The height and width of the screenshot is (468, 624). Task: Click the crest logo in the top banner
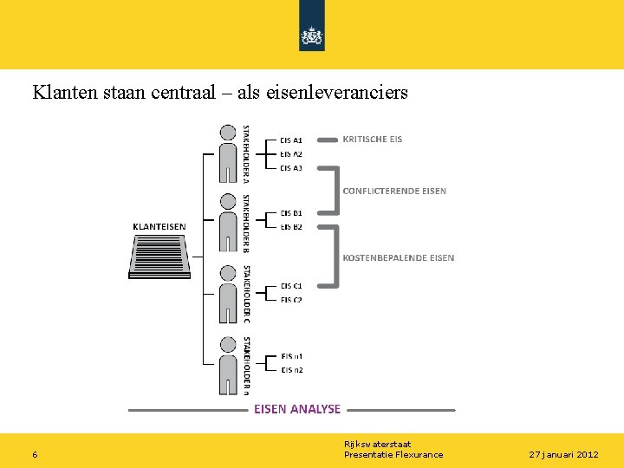click(x=311, y=35)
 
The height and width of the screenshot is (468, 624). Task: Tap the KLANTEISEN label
click(x=159, y=227)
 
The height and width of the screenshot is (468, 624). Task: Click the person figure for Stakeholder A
click(x=228, y=153)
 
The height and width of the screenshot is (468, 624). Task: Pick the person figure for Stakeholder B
click(x=228, y=223)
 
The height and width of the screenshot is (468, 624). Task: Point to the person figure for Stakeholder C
click(x=228, y=294)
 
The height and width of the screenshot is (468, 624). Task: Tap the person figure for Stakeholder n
click(x=228, y=365)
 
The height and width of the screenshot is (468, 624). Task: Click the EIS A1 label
click(x=291, y=140)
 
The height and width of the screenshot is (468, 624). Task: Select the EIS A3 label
click(x=291, y=168)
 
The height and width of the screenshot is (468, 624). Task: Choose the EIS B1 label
click(x=291, y=213)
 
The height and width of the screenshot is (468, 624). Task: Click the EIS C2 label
click(x=291, y=300)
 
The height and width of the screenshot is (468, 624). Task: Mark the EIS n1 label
click(x=292, y=356)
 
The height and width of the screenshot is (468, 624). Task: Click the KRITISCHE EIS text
click(x=373, y=139)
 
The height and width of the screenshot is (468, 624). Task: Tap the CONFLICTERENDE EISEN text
click(x=394, y=192)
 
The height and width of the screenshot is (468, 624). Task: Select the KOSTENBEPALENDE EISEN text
click(x=398, y=257)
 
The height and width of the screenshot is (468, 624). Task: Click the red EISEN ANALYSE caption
click(x=297, y=409)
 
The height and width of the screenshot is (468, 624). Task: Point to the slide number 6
click(x=34, y=455)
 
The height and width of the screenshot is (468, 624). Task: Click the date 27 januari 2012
click(x=563, y=455)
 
